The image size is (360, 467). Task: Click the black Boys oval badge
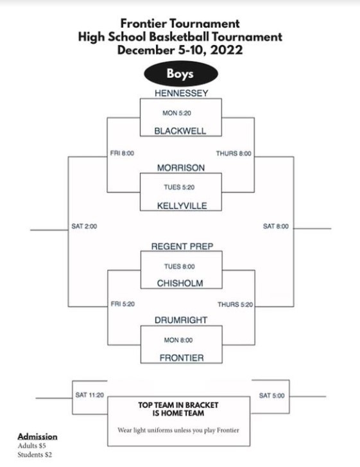tap(181, 74)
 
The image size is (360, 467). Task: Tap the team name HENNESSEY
tap(181, 93)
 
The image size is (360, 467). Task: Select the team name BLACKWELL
tap(180, 131)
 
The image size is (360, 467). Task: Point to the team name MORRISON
tap(181, 168)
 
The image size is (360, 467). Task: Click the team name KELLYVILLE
tap(182, 206)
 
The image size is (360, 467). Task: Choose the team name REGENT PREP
tap(182, 246)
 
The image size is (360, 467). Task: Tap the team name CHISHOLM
tap(180, 283)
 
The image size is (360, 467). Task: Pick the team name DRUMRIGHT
tap(181, 320)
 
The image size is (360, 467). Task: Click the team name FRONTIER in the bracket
tap(182, 358)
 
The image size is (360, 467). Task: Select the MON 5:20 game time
tap(176, 113)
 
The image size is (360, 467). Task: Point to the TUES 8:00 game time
tap(180, 267)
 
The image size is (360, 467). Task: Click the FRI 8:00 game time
tap(122, 154)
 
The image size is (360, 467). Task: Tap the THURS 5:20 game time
tap(235, 304)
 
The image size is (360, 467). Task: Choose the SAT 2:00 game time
tap(84, 226)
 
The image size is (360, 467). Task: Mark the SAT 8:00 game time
tap(276, 226)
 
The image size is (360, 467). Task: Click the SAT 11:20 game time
tap(90, 395)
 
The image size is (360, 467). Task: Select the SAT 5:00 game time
tap(271, 396)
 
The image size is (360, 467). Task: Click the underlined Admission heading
tap(37, 437)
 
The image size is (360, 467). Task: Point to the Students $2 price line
tap(35, 455)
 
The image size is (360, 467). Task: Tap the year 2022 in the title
tap(227, 49)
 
